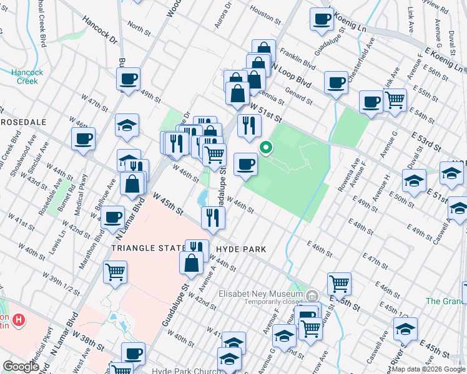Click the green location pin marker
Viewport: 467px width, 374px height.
click(266, 148)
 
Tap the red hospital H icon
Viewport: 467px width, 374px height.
click(19, 320)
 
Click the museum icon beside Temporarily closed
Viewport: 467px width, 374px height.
click(312, 295)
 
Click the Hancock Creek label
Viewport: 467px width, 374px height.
click(27, 76)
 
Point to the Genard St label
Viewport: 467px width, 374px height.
click(298, 96)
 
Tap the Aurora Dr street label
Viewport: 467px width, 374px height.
click(223, 13)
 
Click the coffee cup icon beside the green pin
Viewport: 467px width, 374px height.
click(245, 165)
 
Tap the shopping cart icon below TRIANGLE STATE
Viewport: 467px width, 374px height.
click(116, 272)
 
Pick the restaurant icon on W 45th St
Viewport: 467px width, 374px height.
click(213, 217)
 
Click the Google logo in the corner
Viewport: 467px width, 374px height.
click(21, 367)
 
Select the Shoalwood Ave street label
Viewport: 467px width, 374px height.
click(22, 160)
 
